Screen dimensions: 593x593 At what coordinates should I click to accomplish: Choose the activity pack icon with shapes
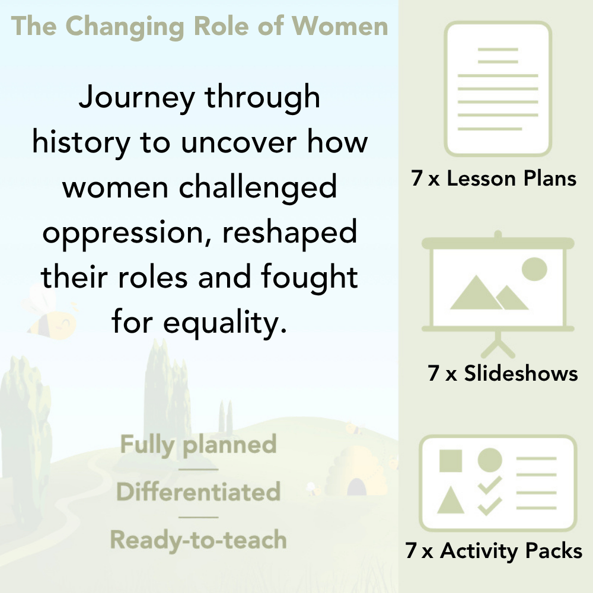[x=498, y=483]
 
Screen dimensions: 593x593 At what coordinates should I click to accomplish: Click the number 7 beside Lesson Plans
[x=417, y=179]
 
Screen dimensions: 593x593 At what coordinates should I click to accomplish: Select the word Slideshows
[x=521, y=374]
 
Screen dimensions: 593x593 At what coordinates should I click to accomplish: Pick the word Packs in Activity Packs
[x=553, y=551]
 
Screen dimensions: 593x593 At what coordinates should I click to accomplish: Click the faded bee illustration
[x=50, y=314]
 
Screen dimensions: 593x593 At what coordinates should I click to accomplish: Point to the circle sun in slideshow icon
[x=534, y=268]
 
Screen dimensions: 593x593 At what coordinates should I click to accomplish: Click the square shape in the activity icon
[x=451, y=460]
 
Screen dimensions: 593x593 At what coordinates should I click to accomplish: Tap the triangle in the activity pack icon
[x=451, y=501]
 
